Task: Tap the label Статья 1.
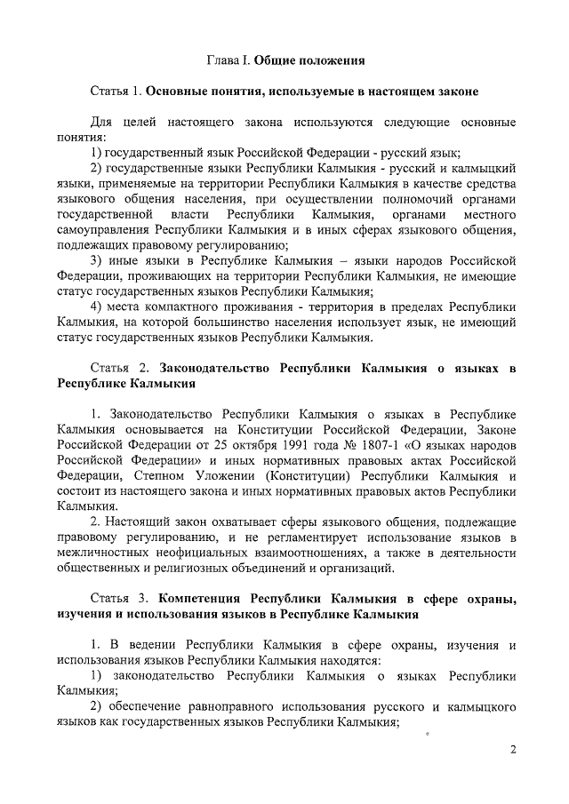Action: (116, 92)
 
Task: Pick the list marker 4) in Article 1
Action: (100, 306)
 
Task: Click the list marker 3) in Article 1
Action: (100, 260)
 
